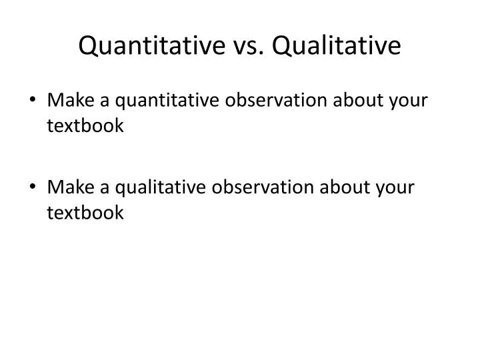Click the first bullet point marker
click(34, 101)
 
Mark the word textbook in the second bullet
click(85, 213)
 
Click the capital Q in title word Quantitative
click(88, 45)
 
